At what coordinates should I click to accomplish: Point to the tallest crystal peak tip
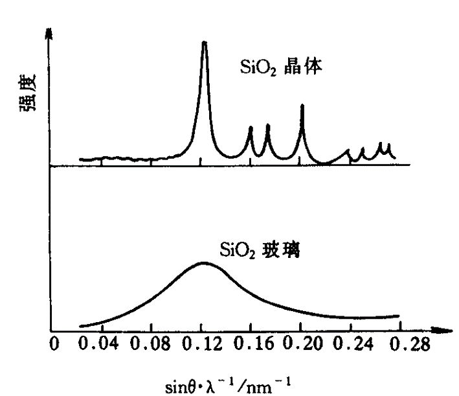click(205, 43)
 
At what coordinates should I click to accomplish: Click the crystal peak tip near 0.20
click(302, 104)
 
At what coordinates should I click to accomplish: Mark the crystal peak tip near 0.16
click(251, 127)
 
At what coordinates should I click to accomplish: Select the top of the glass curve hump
click(203, 263)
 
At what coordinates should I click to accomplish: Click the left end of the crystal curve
click(80, 159)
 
